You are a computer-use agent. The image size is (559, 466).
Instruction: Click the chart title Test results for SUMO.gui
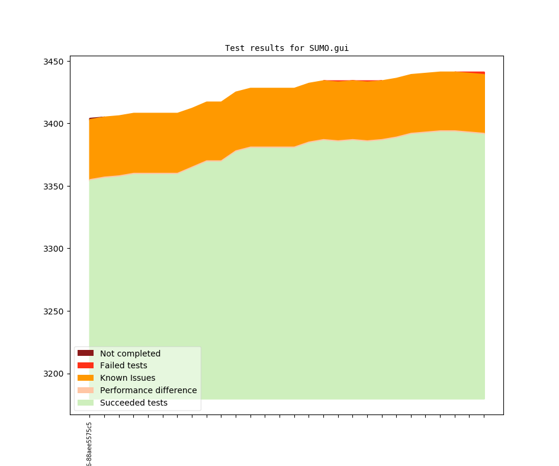tap(287, 48)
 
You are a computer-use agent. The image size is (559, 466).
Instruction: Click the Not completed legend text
tap(130, 353)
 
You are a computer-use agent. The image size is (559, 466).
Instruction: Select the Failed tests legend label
tap(123, 366)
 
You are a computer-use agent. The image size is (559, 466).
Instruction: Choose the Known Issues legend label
tap(127, 378)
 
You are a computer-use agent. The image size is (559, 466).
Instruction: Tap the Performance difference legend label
tap(148, 391)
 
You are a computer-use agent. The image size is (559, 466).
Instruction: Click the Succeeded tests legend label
tap(133, 403)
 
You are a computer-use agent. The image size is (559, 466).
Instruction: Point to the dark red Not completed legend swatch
tap(85, 353)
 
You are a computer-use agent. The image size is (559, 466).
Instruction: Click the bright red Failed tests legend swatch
tap(85, 366)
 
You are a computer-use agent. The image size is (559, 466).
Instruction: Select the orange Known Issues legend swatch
tap(85, 378)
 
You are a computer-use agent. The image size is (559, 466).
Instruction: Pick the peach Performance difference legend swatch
tap(85, 391)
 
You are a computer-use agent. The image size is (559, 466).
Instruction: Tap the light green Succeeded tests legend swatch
tap(85, 403)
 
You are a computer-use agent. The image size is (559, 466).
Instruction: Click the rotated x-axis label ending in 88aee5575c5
tap(89, 444)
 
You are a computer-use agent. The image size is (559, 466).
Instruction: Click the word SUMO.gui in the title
tap(329, 48)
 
